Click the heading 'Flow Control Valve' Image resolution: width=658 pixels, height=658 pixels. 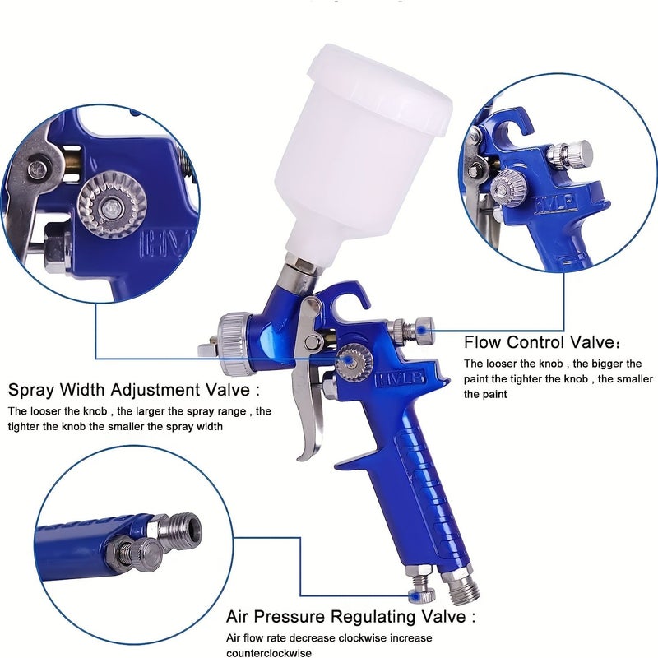click(x=539, y=342)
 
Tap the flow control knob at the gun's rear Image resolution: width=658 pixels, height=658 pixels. click(x=424, y=327)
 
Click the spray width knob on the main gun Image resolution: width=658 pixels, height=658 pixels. click(x=354, y=362)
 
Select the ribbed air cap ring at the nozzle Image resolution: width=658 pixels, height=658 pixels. click(x=234, y=343)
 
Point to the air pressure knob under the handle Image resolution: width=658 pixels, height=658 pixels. click(x=422, y=591)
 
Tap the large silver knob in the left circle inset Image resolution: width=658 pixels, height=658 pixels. click(x=113, y=206)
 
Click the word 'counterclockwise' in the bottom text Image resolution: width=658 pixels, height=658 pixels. click(x=269, y=653)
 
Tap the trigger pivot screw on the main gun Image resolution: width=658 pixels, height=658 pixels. click(x=313, y=341)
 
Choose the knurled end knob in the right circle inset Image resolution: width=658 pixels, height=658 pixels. click(x=580, y=153)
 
